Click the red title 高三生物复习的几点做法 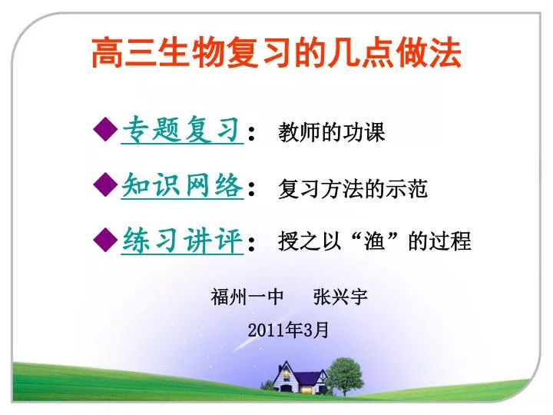(276, 53)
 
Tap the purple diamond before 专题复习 (105, 129)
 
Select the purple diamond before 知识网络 (105, 184)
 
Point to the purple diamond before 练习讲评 (105, 239)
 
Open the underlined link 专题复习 (182, 130)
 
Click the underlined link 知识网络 (182, 185)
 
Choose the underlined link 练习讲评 (182, 240)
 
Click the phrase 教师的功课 (331, 132)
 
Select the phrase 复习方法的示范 (353, 188)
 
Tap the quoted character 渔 (375, 241)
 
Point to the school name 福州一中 (247, 297)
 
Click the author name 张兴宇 (340, 297)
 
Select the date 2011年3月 (288, 330)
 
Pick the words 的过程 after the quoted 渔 (440, 241)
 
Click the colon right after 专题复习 (251, 133)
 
